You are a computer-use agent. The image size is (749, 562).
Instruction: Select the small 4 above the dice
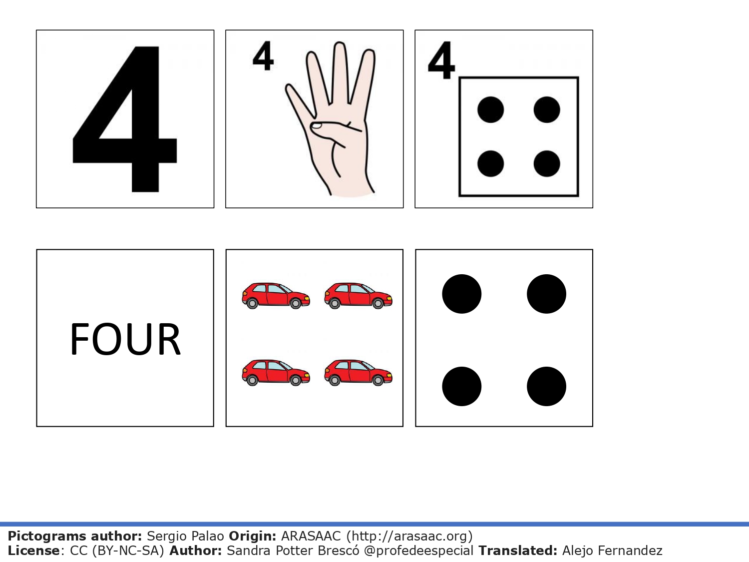[x=441, y=61]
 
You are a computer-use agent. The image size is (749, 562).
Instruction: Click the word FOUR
[x=125, y=339]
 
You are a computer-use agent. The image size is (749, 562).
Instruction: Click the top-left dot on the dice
[x=490, y=110]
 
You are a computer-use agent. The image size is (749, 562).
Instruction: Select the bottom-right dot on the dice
[x=546, y=164]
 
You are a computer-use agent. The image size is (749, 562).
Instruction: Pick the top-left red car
[x=276, y=295]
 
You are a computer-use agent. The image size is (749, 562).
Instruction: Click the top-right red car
[x=358, y=295]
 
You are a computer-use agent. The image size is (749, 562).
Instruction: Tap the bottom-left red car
[x=276, y=373]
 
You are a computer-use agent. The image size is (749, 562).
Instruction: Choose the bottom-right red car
[x=358, y=373]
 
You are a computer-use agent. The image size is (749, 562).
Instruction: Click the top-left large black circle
[x=461, y=294]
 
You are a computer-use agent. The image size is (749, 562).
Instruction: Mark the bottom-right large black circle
[x=546, y=386]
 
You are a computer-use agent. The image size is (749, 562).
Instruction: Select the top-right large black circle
[x=546, y=294]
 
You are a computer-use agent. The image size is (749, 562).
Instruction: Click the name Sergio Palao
[x=185, y=537]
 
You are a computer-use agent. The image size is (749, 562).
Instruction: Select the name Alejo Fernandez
[x=612, y=551]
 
